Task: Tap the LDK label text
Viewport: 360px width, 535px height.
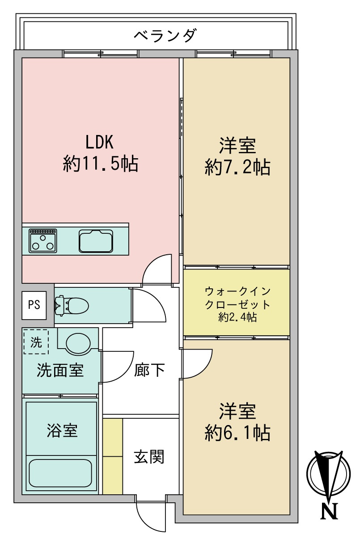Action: click(100, 143)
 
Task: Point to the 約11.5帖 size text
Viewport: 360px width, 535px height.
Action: click(100, 164)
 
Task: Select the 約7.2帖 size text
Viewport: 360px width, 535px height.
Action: click(237, 168)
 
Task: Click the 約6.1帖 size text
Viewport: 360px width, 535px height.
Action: click(237, 432)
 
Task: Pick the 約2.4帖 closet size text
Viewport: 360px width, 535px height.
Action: click(237, 318)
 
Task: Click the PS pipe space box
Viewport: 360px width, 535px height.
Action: click(34, 306)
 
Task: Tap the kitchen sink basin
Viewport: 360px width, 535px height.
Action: click(96, 241)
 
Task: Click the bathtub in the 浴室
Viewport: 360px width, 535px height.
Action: click(60, 473)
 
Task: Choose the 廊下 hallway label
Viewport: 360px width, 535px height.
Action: click(149, 370)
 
